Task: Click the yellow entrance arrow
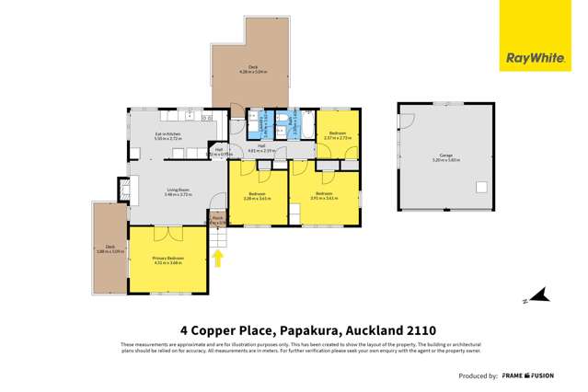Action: (219, 259)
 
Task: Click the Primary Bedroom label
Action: (168, 259)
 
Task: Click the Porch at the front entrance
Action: (218, 220)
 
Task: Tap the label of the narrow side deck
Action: (110, 248)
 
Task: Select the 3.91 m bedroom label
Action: (324, 196)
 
